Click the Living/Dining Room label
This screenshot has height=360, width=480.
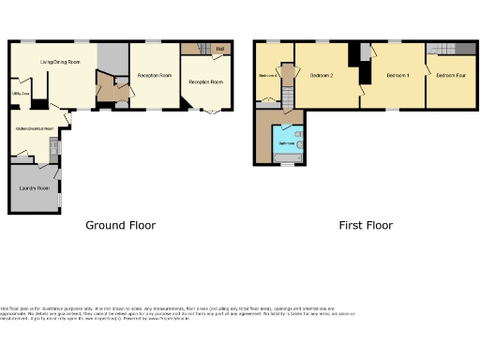[58, 62]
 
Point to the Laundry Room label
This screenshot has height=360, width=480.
[33, 187]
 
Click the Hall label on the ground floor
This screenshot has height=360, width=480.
[219, 49]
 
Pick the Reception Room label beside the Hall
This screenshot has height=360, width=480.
[206, 82]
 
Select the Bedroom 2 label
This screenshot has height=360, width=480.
[322, 76]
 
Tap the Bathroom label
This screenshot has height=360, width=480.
[283, 143]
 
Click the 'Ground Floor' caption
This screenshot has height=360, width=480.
[120, 225]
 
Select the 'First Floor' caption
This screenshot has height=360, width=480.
[366, 225]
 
